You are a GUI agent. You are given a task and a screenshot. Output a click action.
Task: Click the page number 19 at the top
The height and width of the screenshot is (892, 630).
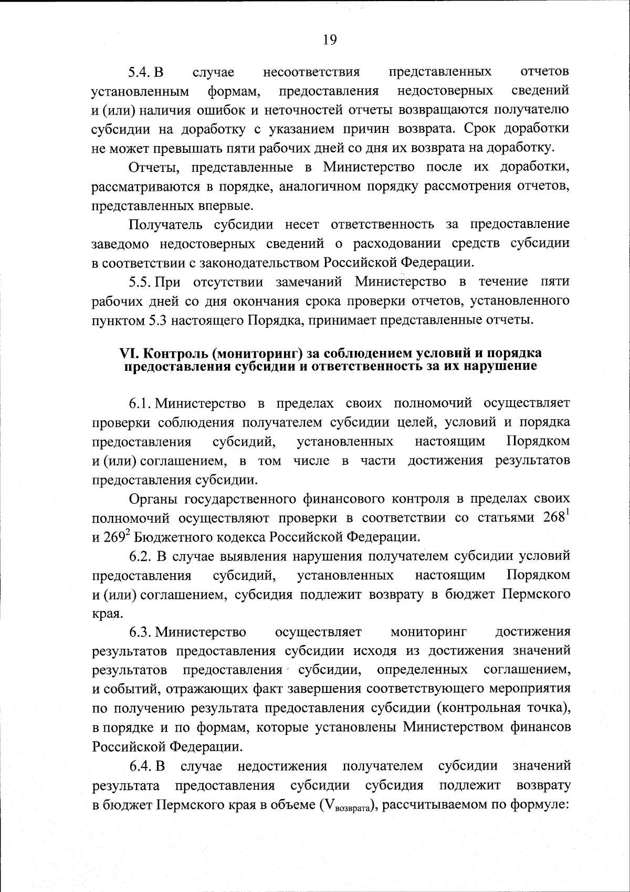coord(329,41)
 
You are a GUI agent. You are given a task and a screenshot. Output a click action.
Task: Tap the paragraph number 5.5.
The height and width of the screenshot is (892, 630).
coord(141,282)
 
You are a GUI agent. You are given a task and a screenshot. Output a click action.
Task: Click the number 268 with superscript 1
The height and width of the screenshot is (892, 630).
coord(555,517)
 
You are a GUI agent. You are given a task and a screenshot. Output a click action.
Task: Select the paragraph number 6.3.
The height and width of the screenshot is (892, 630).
coord(141,632)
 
